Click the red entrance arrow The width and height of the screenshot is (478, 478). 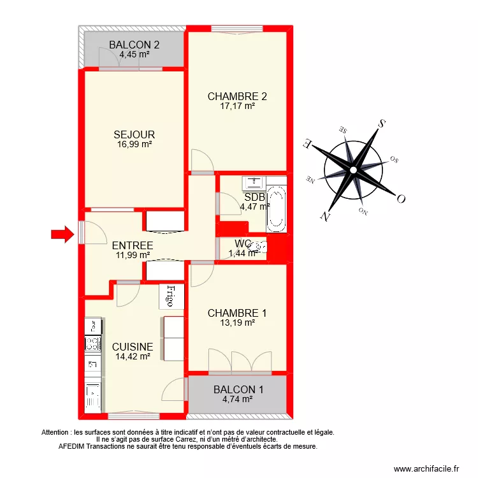click(x=62, y=235)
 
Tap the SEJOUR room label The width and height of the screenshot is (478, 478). click(x=134, y=134)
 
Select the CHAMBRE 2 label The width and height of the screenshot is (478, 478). click(x=237, y=97)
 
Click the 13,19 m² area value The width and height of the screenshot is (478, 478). click(x=238, y=322)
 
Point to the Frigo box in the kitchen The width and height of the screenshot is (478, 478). click(x=171, y=296)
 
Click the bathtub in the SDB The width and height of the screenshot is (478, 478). click(x=276, y=208)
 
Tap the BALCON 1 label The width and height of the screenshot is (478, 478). click(x=238, y=389)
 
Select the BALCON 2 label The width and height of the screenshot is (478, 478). click(x=134, y=45)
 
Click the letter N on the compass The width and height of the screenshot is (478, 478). click(x=326, y=216)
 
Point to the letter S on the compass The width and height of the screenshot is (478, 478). click(x=380, y=123)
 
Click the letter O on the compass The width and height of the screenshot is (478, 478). click(x=401, y=198)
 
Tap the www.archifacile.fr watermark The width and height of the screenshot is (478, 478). click(x=427, y=468)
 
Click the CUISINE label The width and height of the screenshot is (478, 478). click(x=133, y=347)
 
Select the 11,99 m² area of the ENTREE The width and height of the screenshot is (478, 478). click(x=133, y=255)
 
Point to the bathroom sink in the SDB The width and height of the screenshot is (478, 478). click(x=254, y=183)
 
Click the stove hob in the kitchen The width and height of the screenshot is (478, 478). click(x=93, y=345)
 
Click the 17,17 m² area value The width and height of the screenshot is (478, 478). click(x=238, y=106)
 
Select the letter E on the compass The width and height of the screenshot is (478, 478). click(x=308, y=143)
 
